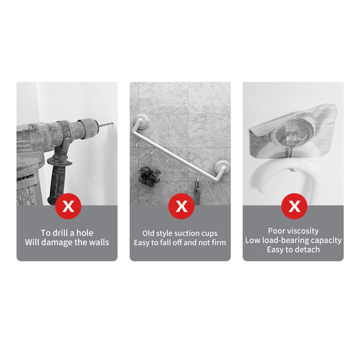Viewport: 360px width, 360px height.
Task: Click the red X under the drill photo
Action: click(x=68, y=206)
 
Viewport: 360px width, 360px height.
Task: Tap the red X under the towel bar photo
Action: click(x=181, y=206)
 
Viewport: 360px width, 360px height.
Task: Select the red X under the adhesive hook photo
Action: click(x=294, y=206)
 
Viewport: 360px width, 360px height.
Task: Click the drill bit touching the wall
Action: click(x=106, y=125)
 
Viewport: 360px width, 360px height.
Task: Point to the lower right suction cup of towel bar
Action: click(x=221, y=167)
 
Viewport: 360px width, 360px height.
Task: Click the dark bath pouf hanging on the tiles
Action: click(x=149, y=176)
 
